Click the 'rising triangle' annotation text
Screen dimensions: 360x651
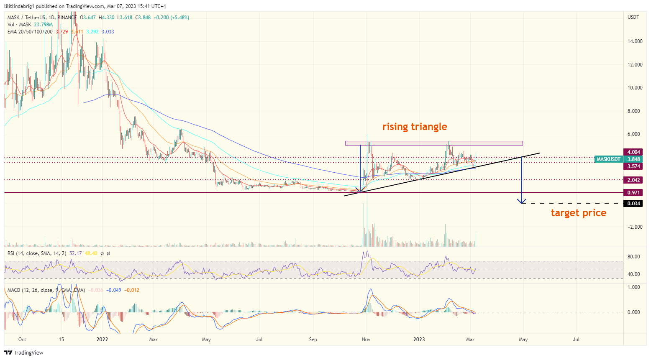click(x=414, y=127)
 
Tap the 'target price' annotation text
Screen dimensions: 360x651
click(x=578, y=213)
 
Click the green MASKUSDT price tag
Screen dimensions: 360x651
click(x=608, y=159)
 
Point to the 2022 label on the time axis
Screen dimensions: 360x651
click(x=102, y=340)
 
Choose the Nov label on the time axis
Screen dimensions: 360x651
click(x=366, y=340)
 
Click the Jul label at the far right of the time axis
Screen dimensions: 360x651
click(x=576, y=340)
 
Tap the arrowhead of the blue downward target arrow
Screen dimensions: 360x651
click(x=522, y=202)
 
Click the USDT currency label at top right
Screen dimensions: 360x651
click(x=633, y=17)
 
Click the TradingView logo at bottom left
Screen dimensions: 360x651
click(x=24, y=352)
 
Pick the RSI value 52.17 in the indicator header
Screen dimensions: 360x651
click(x=75, y=253)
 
